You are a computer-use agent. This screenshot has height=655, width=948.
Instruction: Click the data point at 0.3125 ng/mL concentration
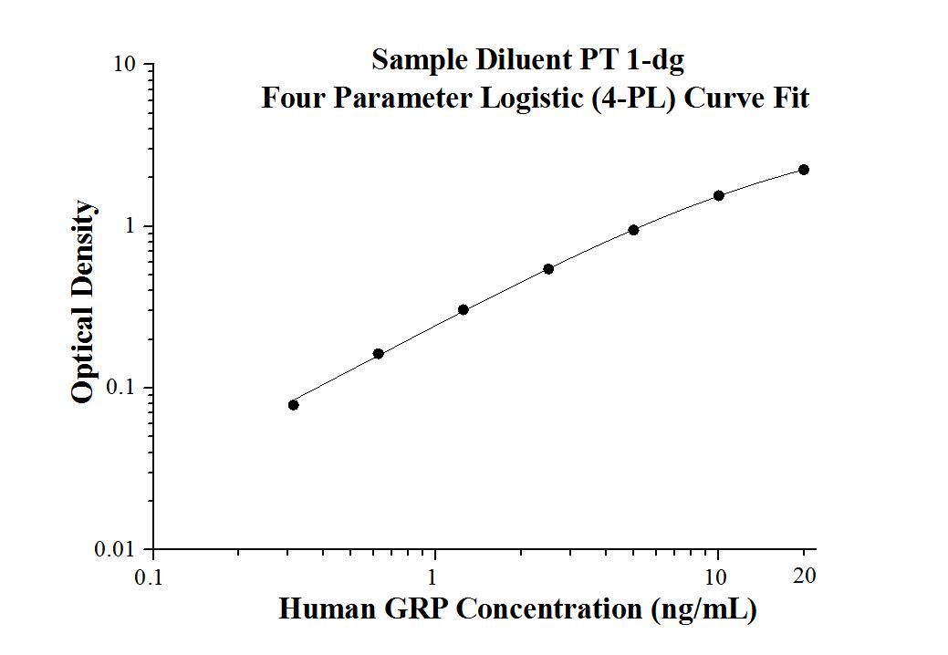[x=294, y=405]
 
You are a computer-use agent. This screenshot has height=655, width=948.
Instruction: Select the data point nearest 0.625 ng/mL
[x=379, y=354]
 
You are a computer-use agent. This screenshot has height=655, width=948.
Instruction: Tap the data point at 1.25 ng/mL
[x=464, y=310]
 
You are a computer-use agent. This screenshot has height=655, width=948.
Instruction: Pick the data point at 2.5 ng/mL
[x=548, y=269]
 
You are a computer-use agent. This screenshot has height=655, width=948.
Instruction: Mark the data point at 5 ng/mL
[x=633, y=230]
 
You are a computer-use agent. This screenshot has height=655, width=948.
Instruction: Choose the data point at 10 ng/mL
[x=719, y=195]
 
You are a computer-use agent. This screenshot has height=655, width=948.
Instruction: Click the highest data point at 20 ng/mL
[x=804, y=170]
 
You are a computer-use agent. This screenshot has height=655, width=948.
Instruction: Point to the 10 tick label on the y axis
[x=125, y=66]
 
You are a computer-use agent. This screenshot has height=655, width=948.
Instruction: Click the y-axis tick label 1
[x=131, y=227]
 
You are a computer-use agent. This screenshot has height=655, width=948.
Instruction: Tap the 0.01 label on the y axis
[x=117, y=550]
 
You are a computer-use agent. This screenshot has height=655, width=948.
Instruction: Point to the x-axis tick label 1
[x=434, y=577]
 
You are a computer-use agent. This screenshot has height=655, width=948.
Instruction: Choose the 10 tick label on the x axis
[x=717, y=577]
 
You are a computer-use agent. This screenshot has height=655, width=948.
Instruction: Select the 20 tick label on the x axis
[x=804, y=576]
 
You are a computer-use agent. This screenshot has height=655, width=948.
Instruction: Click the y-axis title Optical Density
[x=83, y=302]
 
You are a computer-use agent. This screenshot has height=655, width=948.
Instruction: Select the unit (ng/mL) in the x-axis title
[x=703, y=609]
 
